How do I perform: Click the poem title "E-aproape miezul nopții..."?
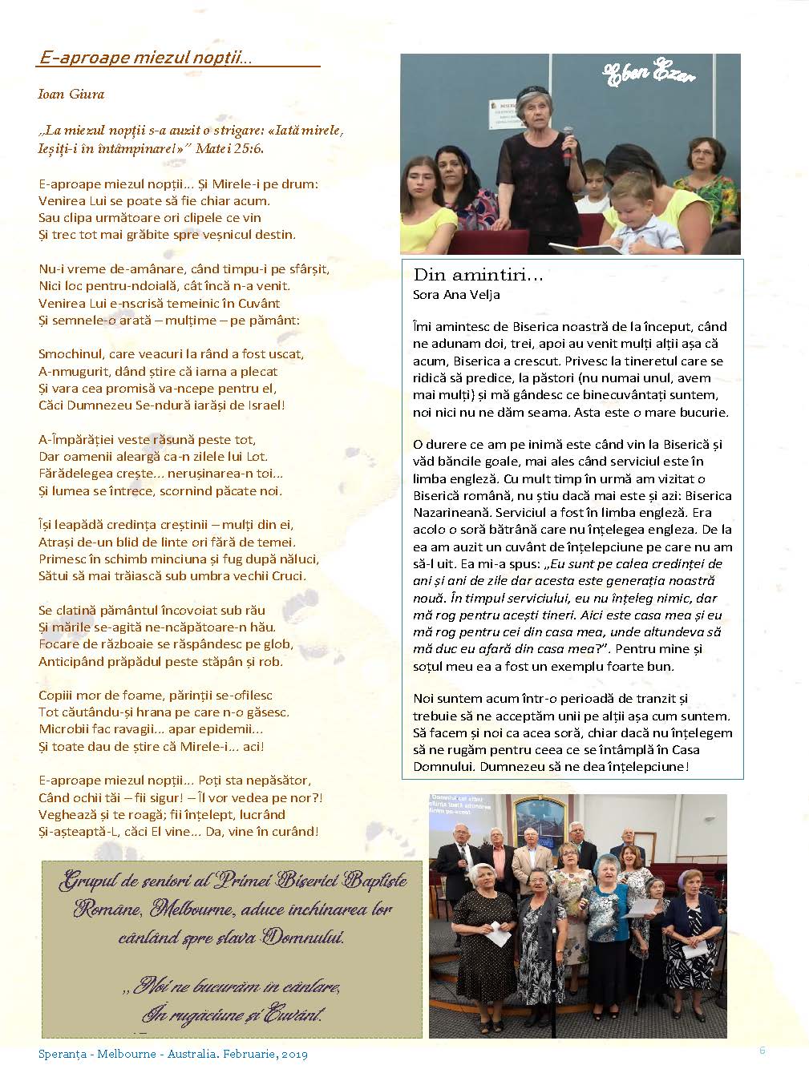pos(145,58)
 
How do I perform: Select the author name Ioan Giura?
pos(71,94)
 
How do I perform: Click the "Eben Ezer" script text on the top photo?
pos(648,74)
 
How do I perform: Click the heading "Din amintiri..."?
pos(478,276)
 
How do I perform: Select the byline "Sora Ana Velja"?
pos(456,294)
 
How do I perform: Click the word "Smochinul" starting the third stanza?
pos(68,353)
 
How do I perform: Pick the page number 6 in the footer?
pos(762,1050)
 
